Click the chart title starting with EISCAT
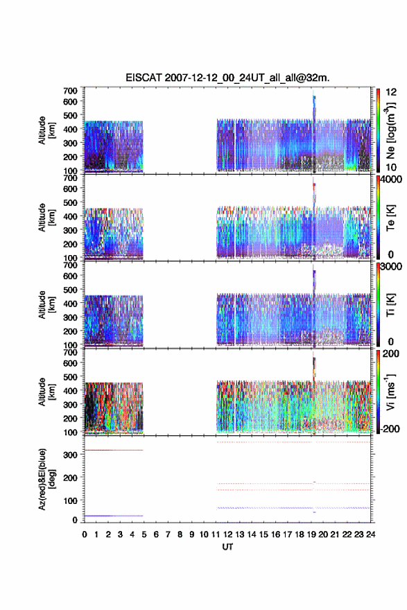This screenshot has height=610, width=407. (x=227, y=78)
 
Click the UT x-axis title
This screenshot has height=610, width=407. (x=227, y=547)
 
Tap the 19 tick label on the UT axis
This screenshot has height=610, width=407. (x=311, y=534)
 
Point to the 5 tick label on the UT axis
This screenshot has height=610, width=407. (x=144, y=534)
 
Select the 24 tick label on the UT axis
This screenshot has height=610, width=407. (x=371, y=534)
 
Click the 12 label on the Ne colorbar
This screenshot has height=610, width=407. (x=391, y=92)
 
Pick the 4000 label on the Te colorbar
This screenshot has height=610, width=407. (x=391, y=180)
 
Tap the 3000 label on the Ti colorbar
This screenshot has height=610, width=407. (x=391, y=267)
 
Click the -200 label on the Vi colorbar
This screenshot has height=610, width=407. (x=390, y=428)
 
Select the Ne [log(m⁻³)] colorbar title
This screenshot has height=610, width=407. (x=391, y=130)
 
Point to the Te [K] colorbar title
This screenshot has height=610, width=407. (x=390, y=218)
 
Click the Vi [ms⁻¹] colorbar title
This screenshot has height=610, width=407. (x=390, y=392)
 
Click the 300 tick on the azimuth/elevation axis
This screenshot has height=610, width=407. (x=71, y=455)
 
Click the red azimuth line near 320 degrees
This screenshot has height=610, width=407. (x=114, y=450)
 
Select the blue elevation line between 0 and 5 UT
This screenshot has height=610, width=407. (x=114, y=516)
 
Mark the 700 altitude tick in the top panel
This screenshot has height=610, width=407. (x=71, y=91)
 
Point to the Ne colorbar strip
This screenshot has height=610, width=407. (x=378, y=130)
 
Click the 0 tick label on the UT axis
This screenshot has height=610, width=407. (x=85, y=534)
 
